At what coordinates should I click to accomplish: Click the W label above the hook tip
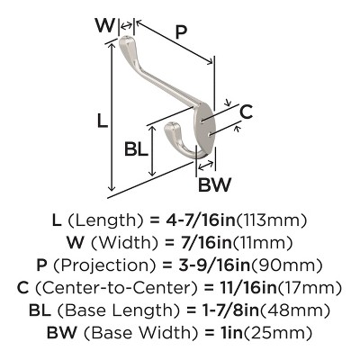click(105, 25)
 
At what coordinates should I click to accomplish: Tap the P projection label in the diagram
click(181, 31)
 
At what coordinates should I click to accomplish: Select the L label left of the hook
click(103, 121)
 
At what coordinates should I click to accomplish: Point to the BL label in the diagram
click(137, 148)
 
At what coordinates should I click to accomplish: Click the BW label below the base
click(215, 184)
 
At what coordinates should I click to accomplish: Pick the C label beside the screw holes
click(246, 112)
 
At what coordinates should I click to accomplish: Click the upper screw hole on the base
click(202, 121)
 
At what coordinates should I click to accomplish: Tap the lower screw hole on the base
click(209, 134)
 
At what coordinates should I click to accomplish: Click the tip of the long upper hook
click(125, 38)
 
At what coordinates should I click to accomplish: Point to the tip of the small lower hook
click(171, 124)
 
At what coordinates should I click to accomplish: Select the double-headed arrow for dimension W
click(126, 25)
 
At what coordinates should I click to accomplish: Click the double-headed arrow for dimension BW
click(206, 165)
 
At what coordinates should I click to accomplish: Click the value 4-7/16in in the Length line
click(201, 220)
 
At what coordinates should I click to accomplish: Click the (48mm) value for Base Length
click(294, 310)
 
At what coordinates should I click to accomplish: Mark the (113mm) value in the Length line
click(271, 221)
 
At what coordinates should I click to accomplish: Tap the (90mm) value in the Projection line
click(286, 265)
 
